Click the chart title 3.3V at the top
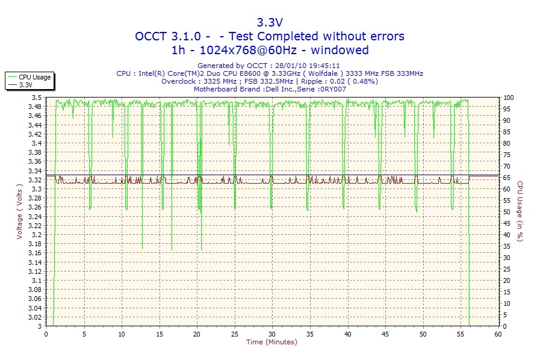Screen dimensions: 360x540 point(270,22)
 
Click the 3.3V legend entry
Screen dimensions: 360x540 point(26,85)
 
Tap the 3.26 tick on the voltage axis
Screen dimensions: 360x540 point(35,208)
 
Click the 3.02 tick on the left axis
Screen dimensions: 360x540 point(35,317)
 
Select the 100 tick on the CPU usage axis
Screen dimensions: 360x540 point(509,98)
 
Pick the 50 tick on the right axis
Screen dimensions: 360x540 point(507,212)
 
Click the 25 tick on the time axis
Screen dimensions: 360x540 point(235,334)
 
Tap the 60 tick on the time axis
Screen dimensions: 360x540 point(498,334)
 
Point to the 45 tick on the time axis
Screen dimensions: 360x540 point(385,334)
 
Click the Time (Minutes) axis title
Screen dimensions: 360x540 point(272,343)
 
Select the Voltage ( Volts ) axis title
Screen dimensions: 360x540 point(20,212)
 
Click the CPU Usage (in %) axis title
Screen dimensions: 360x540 point(520,212)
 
